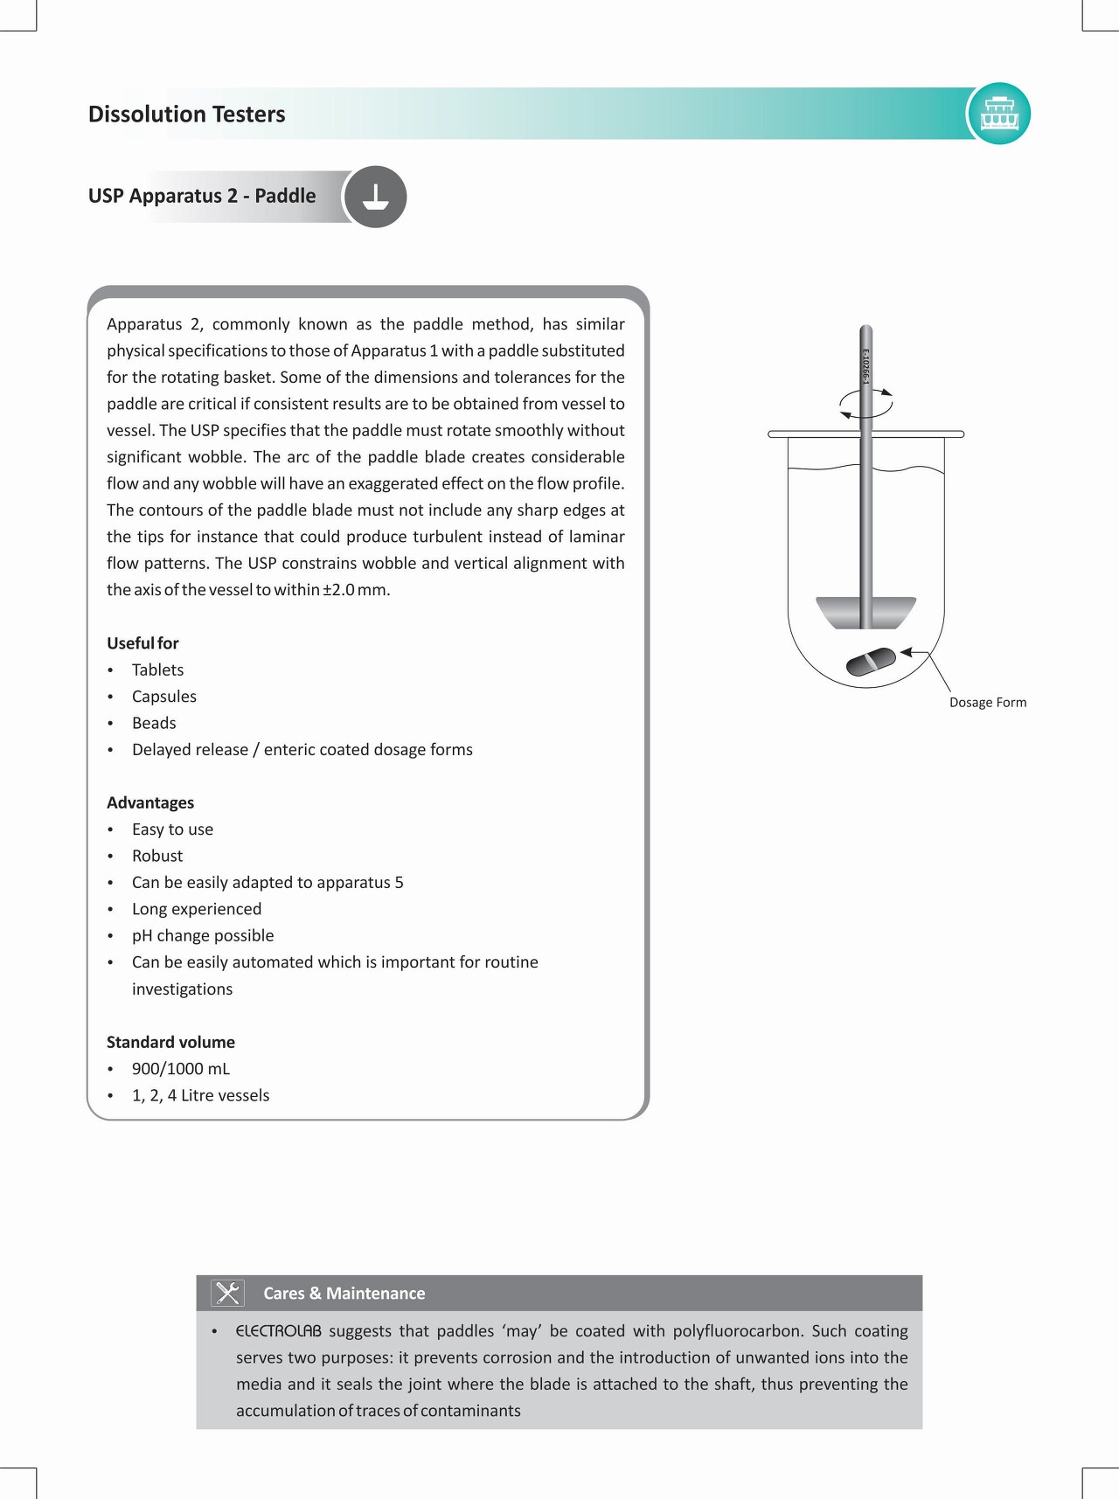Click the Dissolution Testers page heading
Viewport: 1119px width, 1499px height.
(186, 115)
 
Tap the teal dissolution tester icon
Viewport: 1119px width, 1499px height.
(999, 114)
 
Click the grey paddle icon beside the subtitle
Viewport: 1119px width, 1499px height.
(375, 197)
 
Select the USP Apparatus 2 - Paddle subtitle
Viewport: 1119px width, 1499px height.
(202, 196)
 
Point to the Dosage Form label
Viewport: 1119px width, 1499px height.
(988, 703)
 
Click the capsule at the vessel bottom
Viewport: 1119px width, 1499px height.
(871, 662)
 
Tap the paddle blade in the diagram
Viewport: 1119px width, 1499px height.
(865, 612)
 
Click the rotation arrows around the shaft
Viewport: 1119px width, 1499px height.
(865, 403)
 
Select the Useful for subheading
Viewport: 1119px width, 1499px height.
(142, 643)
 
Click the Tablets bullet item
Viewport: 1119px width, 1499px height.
(157, 670)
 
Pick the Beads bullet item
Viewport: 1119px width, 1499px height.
(154, 724)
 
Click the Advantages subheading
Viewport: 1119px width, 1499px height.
(150, 803)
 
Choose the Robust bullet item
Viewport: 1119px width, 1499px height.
(157, 857)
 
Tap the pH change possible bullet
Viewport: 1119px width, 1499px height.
(203, 936)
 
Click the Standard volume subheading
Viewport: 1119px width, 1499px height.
(170, 1043)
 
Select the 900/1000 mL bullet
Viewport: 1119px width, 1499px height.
(181, 1069)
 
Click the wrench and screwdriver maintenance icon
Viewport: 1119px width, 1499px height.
(227, 1293)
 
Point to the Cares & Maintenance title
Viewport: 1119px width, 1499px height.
(344, 1294)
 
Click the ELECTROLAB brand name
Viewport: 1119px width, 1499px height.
(278, 1331)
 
